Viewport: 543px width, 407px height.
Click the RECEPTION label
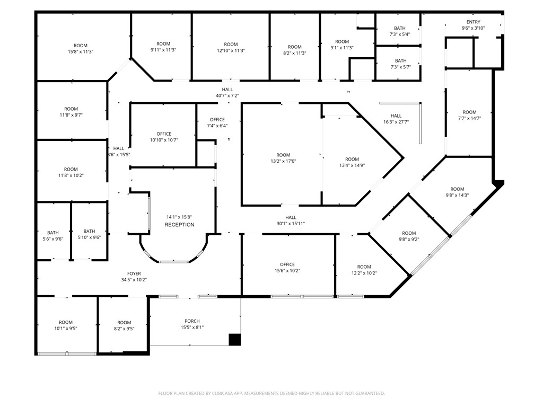[179, 225]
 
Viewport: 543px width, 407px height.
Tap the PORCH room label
[192, 321]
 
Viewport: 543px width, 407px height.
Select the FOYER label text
[134, 274]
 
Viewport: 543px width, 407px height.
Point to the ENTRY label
[473, 22]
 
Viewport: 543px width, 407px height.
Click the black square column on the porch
[235, 340]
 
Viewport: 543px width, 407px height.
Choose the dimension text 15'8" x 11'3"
[81, 52]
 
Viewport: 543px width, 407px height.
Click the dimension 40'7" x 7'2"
[227, 96]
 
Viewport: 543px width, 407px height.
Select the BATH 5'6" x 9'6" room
[54, 231]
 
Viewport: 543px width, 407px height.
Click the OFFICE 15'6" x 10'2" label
[287, 268]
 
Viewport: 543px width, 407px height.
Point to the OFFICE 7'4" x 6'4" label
[217, 122]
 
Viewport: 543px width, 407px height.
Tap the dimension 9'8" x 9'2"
[409, 240]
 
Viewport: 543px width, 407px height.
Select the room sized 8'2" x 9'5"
[124, 325]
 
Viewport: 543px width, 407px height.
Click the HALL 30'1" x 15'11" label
[291, 220]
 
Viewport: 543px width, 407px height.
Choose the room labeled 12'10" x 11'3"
[231, 47]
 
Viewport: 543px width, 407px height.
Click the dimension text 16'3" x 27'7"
[396, 122]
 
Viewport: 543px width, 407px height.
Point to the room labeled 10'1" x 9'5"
[66, 325]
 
